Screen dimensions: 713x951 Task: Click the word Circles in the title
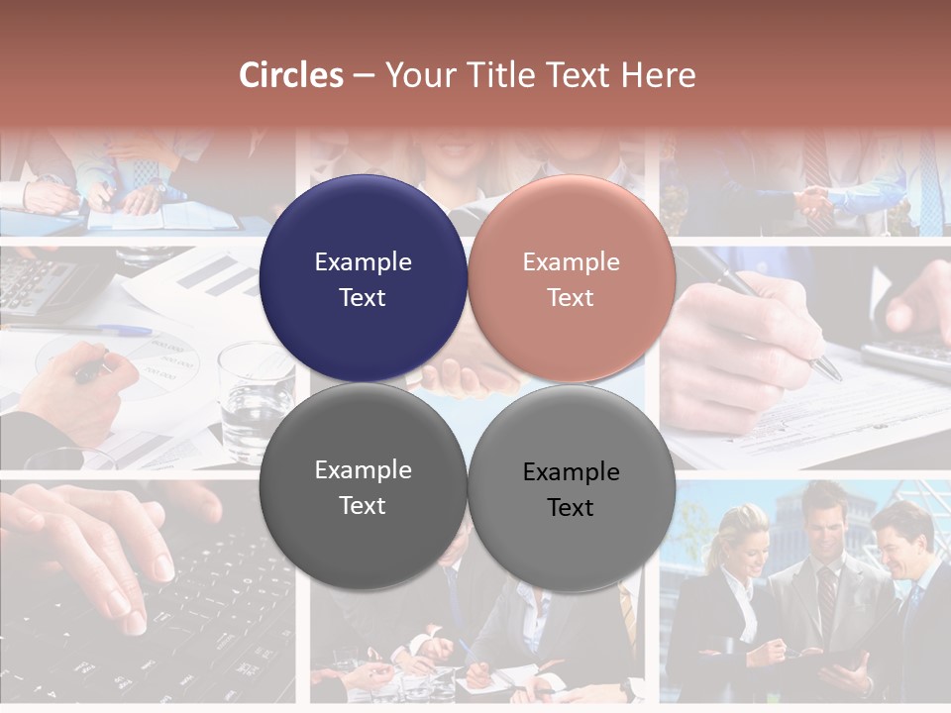pos(291,75)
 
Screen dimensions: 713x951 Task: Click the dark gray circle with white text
pos(363,487)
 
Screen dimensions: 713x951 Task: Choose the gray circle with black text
pos(571,489)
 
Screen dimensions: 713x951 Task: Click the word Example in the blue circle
pos(363,262)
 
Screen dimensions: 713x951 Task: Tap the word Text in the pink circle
pos(571,298)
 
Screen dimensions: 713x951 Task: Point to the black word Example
pos(571,472)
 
